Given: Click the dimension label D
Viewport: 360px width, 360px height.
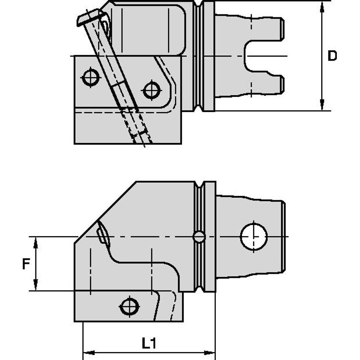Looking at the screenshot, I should pyautogui.click(x=332, y=56).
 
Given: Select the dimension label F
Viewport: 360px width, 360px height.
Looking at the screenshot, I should pyautogui.click(x=26, y=264).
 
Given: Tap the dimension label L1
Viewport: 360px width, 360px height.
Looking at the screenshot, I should pyautogui.click(x=149, y=344).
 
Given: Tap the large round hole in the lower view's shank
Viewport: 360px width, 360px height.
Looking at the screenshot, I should pyautogui.click(x=254, y=236).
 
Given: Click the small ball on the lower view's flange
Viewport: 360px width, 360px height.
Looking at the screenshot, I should pyautogui.click(x=199, y=237).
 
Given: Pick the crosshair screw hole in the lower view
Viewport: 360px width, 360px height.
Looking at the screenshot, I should pyautogui.click(x=129, y=306).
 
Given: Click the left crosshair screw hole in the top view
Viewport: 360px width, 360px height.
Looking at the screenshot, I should pyautogui.click(x=91, y=77).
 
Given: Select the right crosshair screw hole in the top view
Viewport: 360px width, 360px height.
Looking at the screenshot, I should pyautogui.click(x=151, y=90).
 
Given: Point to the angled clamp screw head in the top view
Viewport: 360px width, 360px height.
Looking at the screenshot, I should pyautogui.click(x=91, y=19).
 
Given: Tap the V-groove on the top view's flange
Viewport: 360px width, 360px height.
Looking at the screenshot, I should pyautogui.click(x=201, y=56).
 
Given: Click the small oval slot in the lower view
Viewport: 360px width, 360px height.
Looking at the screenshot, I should pyautogui.click(x=102, y=235).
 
